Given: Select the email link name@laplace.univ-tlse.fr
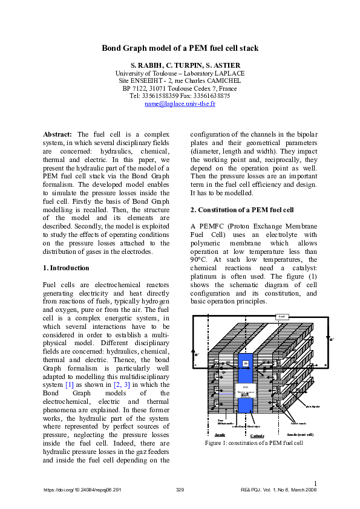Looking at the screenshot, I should (x=180, y=103).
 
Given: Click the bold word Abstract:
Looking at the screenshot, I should (x=58, y=134).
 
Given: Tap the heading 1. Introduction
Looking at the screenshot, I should (x=66, y=268).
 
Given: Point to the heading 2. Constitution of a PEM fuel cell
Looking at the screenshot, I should (x=242, y=210).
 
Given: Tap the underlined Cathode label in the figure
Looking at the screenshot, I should (x=257, y=435).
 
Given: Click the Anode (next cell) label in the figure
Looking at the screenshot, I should (x=299, y=435).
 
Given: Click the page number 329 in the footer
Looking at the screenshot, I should (x=180, y=490).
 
